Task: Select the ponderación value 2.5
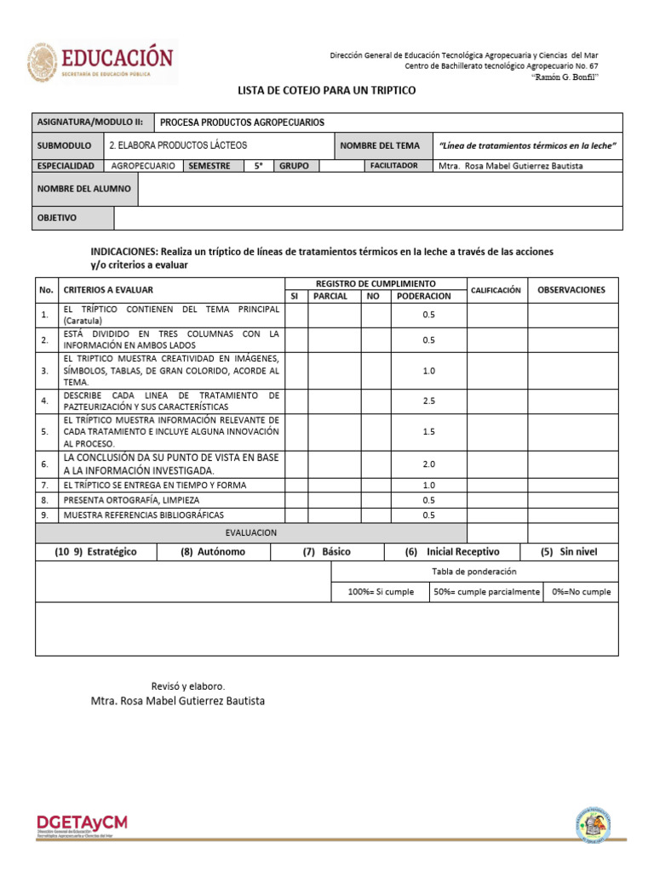[428, 401]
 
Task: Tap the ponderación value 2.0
[428, 464]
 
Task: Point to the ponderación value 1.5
[428, 432]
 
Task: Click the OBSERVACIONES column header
[571, 290]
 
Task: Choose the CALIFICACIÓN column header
[496, 290]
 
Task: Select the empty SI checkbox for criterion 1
[295, 316]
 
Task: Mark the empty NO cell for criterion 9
[375, 515]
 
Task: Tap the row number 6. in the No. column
[46, 464]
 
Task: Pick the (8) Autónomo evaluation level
[213, 551]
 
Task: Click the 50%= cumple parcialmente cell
[485, 592]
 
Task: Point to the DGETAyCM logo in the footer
[82, 826]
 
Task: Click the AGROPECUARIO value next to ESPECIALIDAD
[144, 166]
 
